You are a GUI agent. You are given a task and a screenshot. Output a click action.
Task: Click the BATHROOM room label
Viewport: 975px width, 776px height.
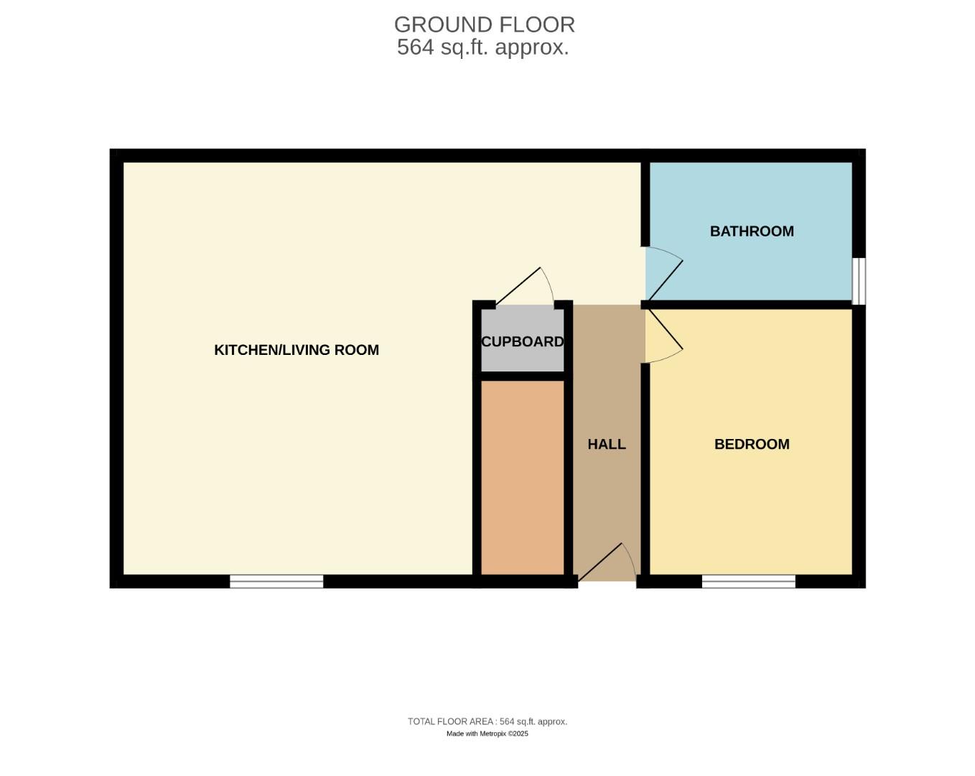click(x=752, y=231)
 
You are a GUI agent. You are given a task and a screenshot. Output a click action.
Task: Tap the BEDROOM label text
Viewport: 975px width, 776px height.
click(x=752, y=444)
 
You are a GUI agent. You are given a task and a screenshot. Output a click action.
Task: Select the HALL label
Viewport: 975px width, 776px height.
click(x=607, y=444)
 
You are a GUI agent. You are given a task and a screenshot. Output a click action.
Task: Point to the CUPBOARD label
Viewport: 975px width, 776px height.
click(x=522, y=342)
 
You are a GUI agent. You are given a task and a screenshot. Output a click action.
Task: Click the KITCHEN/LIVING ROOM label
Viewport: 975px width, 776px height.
click(x=297, y=350)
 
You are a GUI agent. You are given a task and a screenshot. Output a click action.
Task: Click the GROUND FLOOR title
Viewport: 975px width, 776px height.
click(x=484, y=24)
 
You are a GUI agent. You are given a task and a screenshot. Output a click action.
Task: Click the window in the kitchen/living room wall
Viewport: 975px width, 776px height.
click(x=276, y=581)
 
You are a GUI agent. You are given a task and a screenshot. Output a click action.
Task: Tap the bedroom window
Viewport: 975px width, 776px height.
click(x=748, y=581)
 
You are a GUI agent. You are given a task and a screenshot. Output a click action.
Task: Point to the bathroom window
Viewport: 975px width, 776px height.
click(x=859, y=281)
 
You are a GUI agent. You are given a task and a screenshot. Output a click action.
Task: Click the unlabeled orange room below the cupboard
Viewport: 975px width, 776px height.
click(x=522, y=477)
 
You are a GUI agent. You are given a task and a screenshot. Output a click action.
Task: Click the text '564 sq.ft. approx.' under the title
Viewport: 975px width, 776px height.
click(x=482, y=47)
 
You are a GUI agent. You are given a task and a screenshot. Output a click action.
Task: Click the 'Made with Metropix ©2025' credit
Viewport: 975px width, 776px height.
click(x=487, y=734)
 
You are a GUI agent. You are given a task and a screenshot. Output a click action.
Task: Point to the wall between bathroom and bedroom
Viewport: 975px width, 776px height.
click(x=750, y=305)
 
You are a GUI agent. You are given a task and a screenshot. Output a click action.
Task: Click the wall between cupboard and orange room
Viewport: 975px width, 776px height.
click(x=522, y=376)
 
